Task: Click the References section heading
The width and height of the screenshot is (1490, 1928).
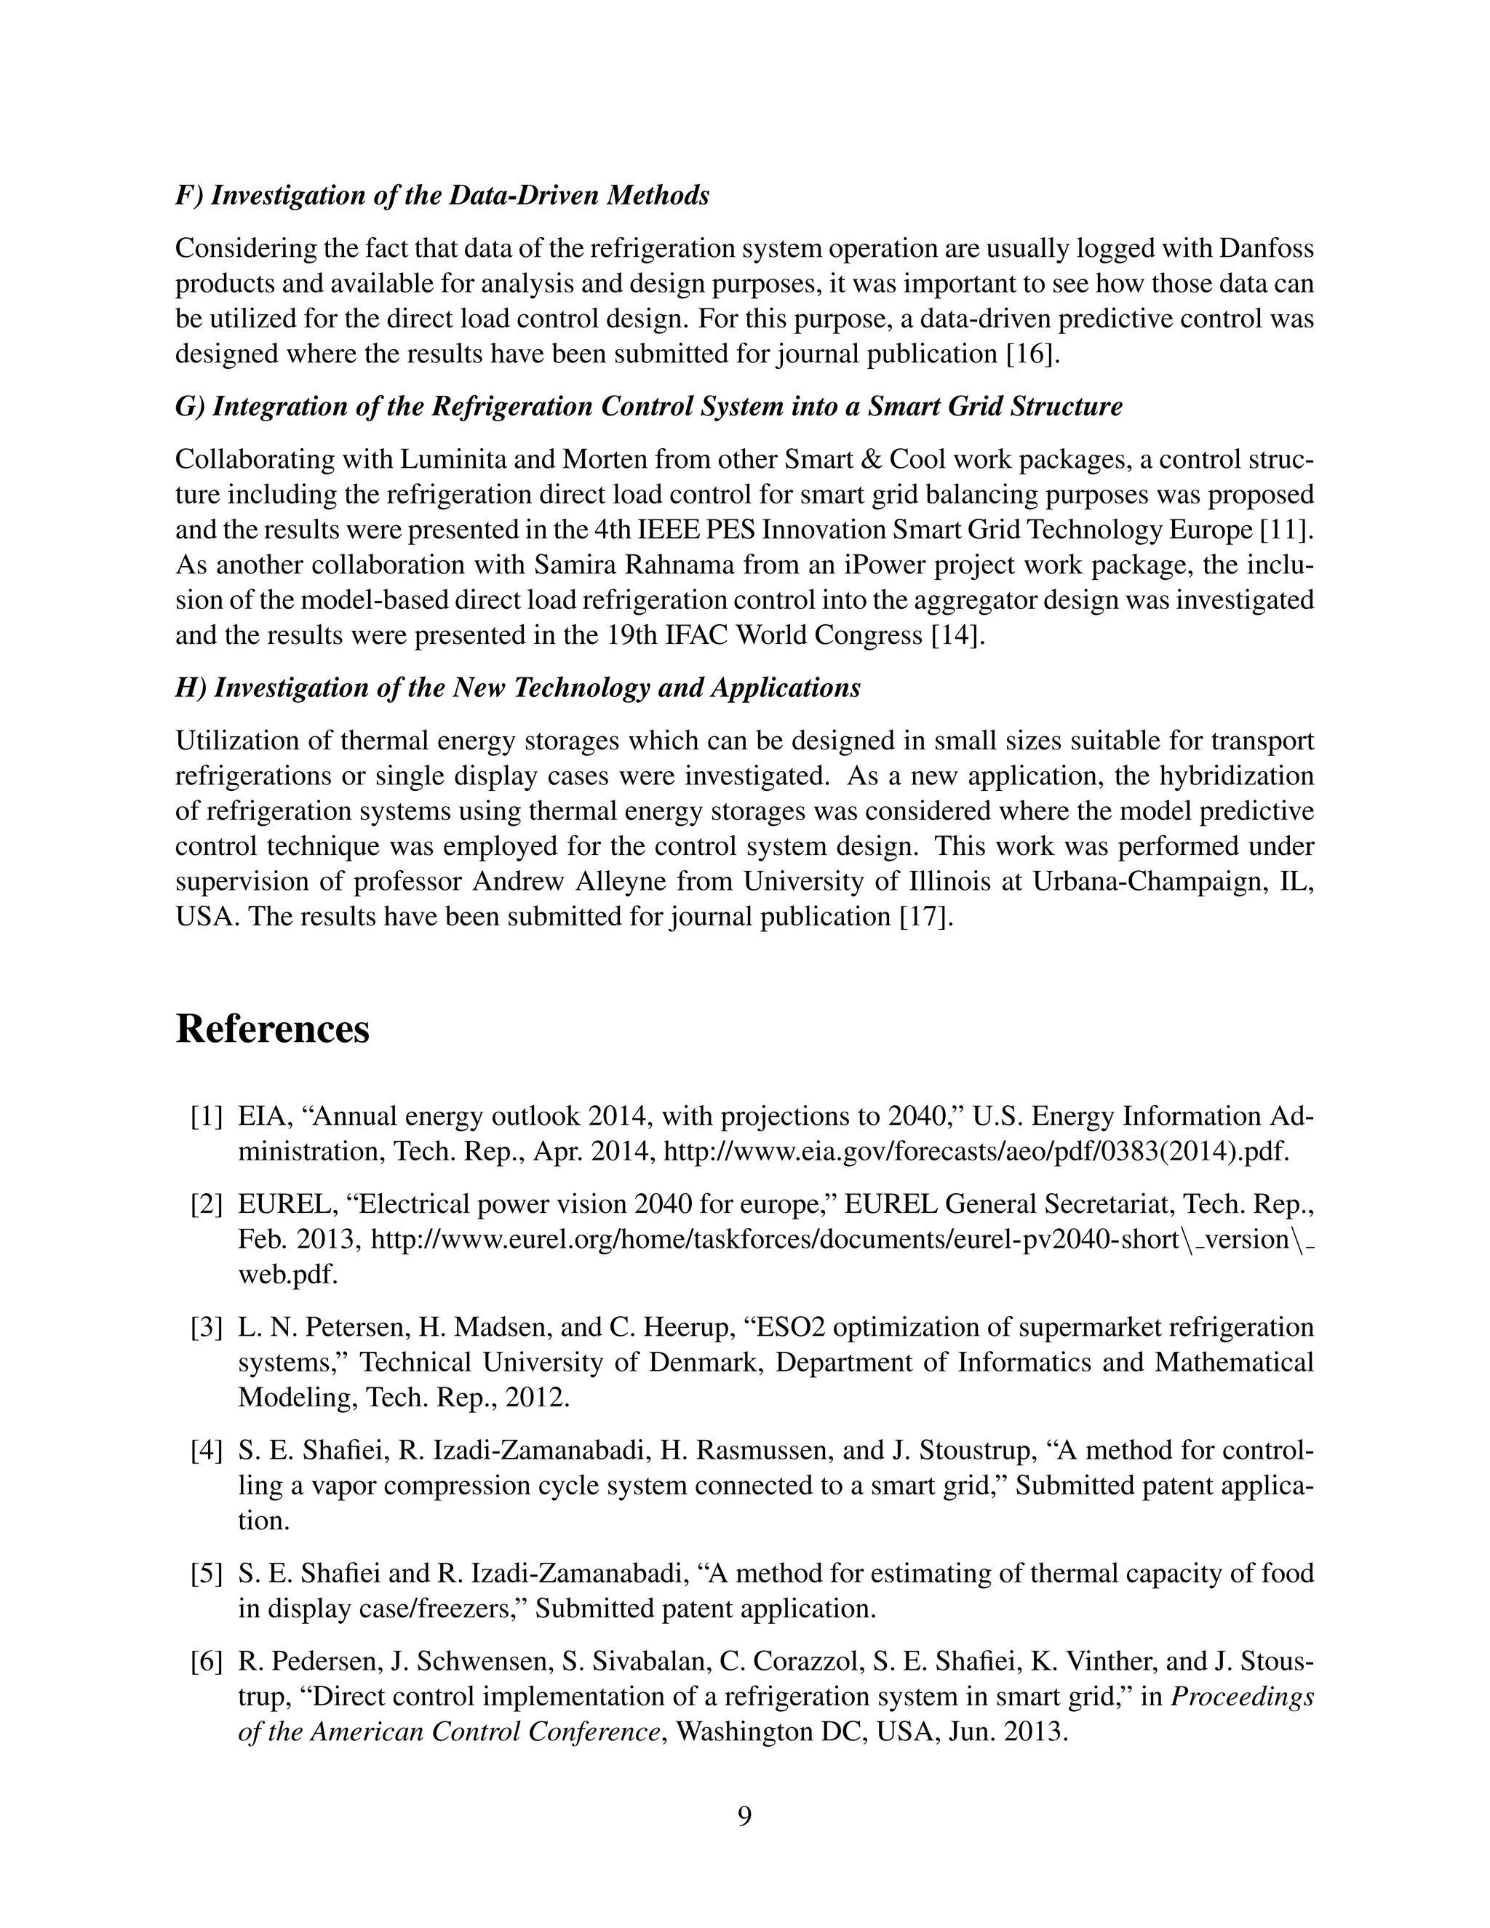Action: (x=272, y=1029)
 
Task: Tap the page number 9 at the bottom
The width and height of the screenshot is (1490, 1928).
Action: (x=744, y=1816)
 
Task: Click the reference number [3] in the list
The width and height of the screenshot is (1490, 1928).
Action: (x=207, y=1328)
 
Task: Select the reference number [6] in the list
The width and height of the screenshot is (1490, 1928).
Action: (x=207, y=1662)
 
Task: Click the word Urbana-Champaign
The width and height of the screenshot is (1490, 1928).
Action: (x=1147, y=882)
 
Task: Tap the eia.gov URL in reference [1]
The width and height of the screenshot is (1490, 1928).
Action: (x=976, y=1152)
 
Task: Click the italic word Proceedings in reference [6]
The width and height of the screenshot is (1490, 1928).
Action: (x=1241, y=1697)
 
